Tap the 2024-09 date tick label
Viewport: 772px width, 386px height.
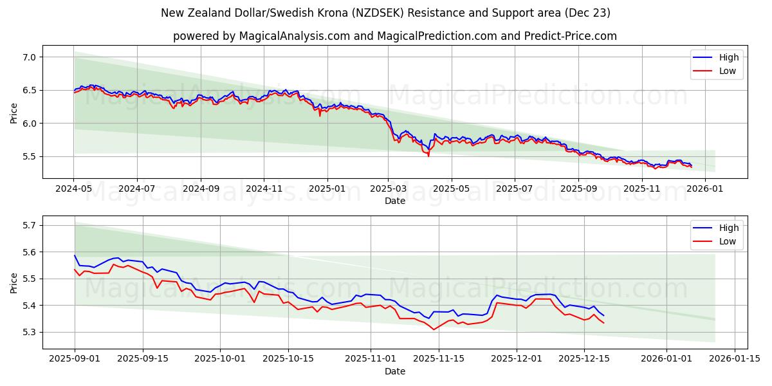pyautogui.click(x=200, y=188)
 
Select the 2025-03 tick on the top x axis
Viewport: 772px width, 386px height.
pyautogui.click(x=388, y=188)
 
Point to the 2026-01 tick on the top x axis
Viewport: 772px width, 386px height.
pyautogui.click(x=706, y=188)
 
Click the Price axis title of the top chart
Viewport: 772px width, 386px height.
pyautogui.click(x=14, y=113)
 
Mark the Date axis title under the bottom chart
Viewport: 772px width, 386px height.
pyautogui.click(x=394, y=371)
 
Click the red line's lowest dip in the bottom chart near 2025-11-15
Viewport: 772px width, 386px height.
pyautogui.click(x=434, y=329)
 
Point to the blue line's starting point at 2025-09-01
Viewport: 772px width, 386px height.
pyautogui.click(x=75, y=255)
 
